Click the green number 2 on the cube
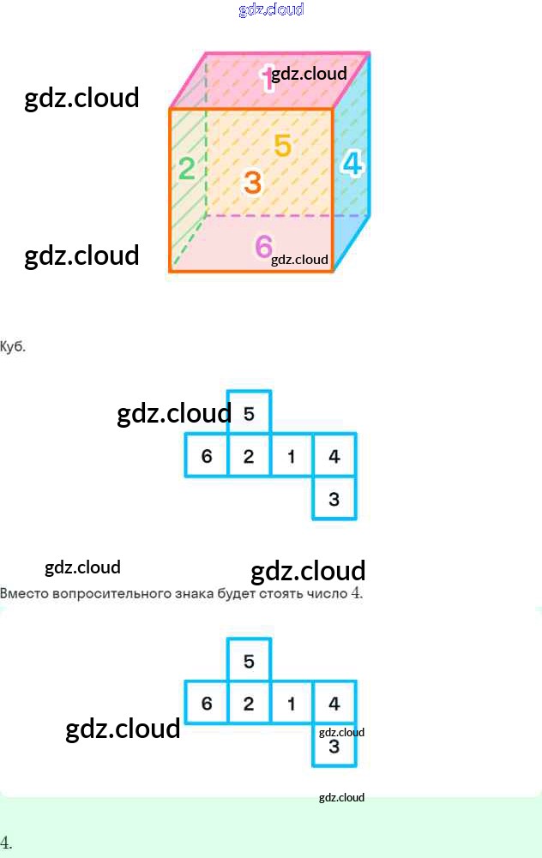[186, 169]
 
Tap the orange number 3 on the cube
[251, 182]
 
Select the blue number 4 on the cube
[352, 162]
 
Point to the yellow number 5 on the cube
[283, 146]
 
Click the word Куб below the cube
[14, 347]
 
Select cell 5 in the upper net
[249, 413]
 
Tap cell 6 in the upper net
[207, 456]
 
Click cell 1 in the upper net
[292, 456]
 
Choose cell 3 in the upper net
[334, 499]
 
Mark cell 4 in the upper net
[334, 456]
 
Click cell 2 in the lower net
[249, 704]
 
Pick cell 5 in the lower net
[249, 661]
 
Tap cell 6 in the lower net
[207, 704]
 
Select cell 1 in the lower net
[292, 704]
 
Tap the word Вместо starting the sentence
[23, 593]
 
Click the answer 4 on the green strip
[6, 842]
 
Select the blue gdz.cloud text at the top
[271, 9]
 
